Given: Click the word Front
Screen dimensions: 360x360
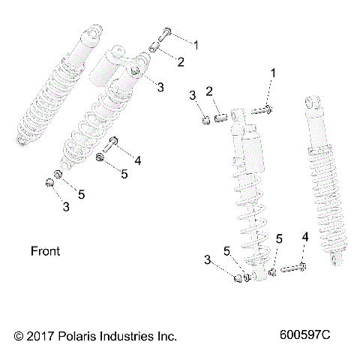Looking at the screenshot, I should tap(45, 250).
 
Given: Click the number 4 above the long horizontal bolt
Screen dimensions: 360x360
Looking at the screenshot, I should tap(304, 237).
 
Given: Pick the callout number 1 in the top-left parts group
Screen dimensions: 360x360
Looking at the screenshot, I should tap(196, 44).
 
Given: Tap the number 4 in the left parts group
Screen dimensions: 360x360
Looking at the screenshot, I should tap(138, 160).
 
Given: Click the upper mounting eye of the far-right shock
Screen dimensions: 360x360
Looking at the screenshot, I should tap(310, 103).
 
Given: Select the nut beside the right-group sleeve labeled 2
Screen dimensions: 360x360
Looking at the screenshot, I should tap(204, 118).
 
